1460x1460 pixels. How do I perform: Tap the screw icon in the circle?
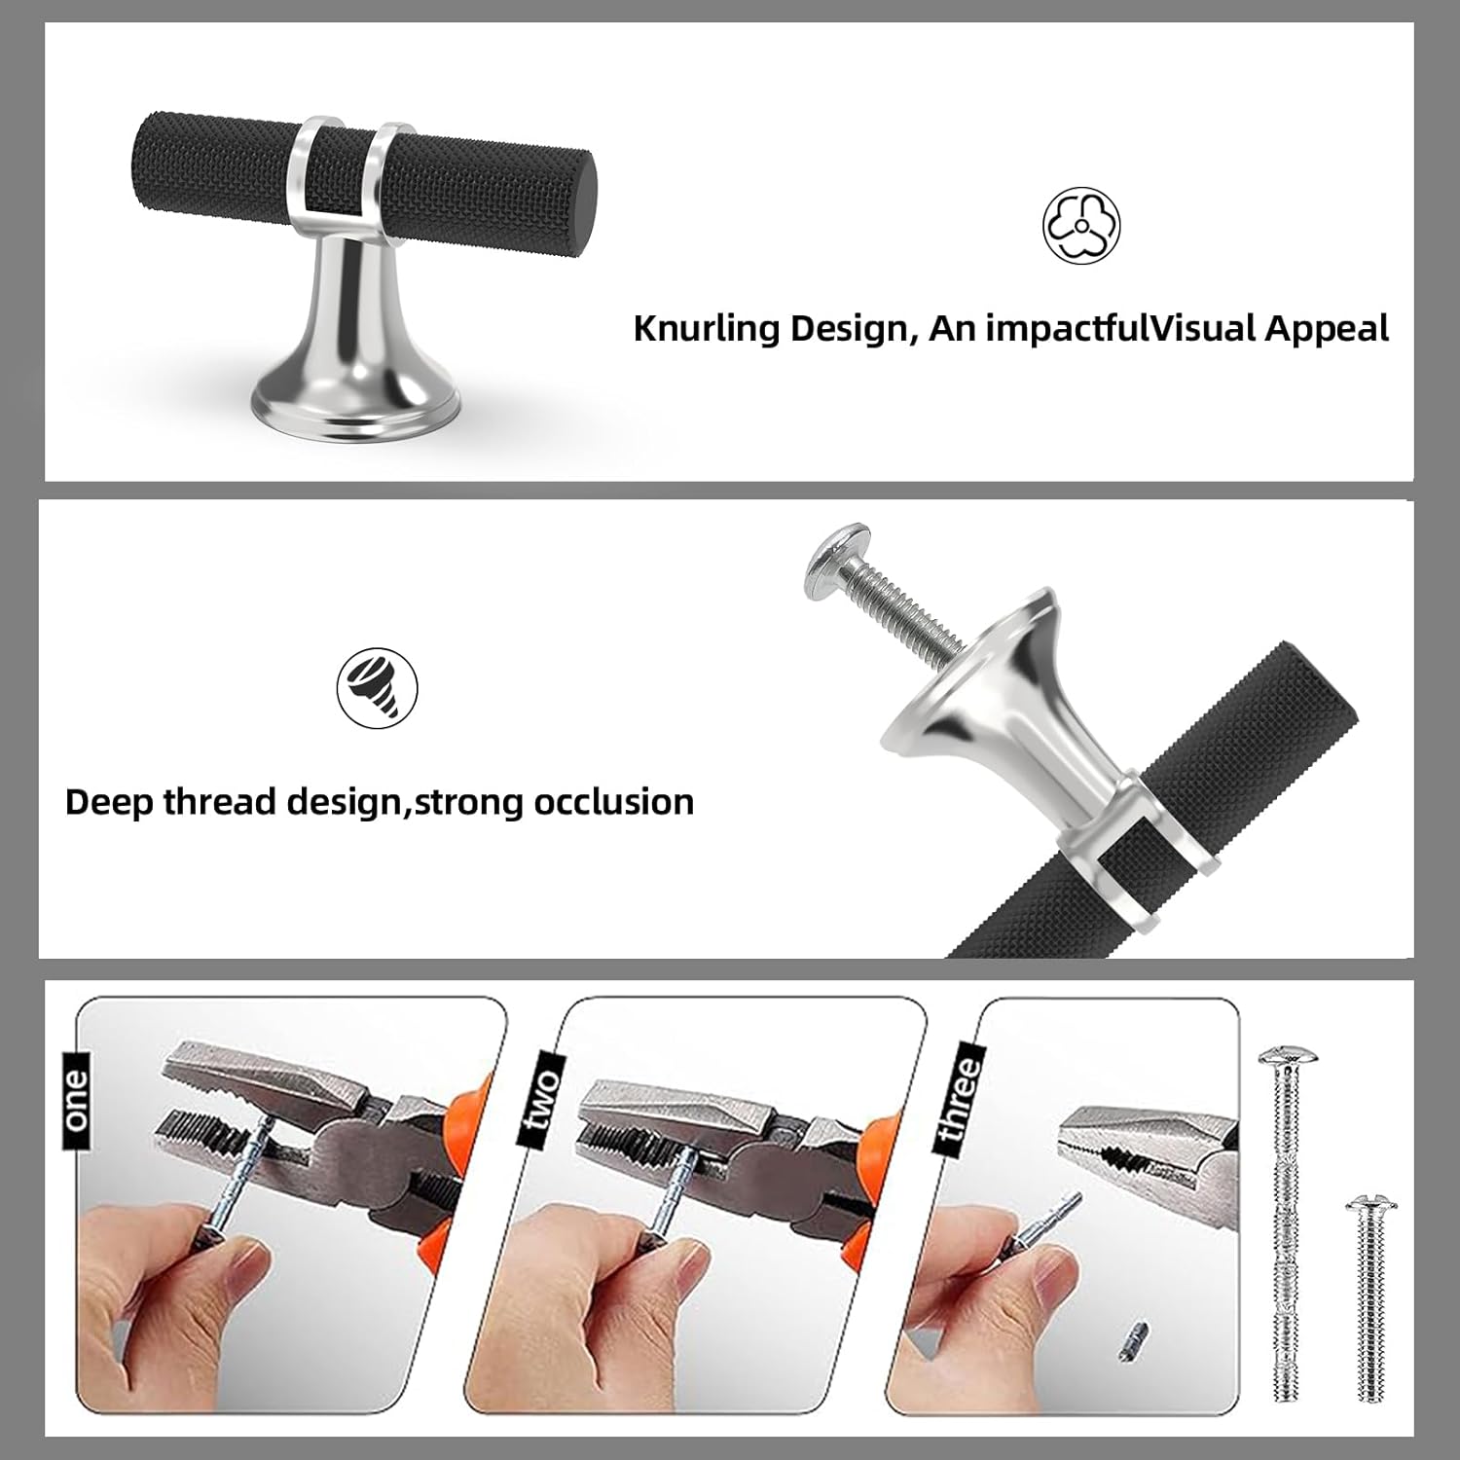tap(377, 687)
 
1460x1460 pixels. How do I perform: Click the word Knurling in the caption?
tap(707, 328)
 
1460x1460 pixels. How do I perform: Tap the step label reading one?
tap(76, 1100)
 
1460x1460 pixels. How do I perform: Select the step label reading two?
tap(541, 1100)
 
